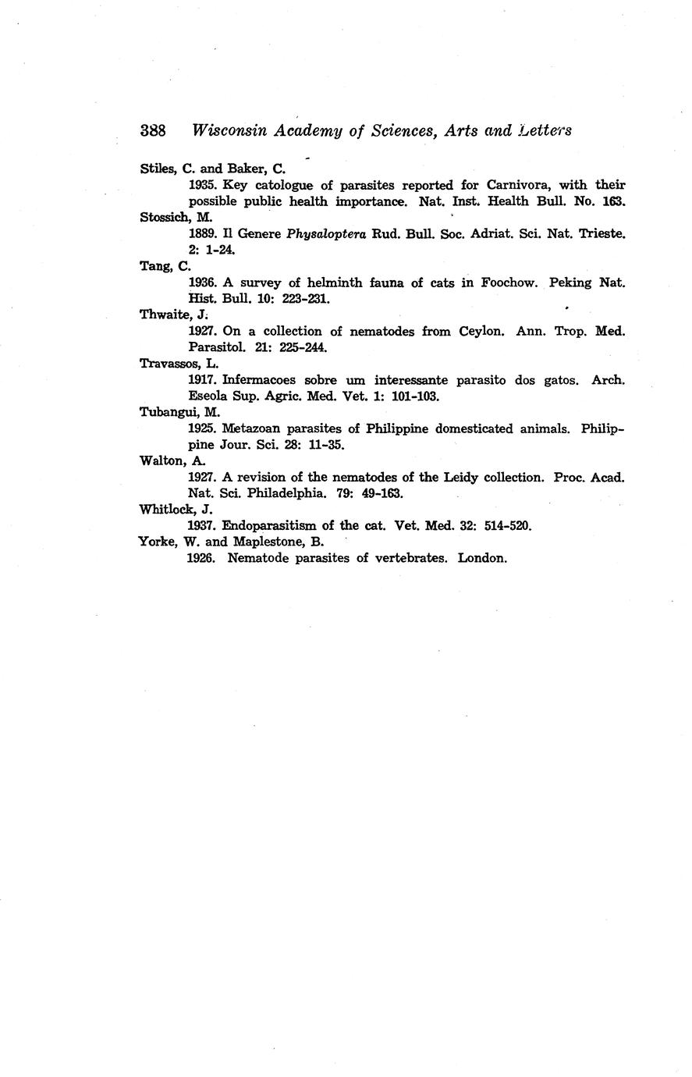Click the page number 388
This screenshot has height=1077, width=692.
click(153, 131)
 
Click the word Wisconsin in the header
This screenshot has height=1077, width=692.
click(229, 131)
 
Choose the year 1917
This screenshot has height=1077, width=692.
click(203, 380)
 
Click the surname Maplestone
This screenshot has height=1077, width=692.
click(259, 542)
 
